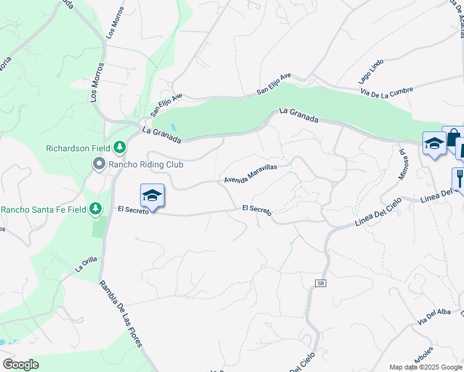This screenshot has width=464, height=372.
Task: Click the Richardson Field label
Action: click(x=78, y=148)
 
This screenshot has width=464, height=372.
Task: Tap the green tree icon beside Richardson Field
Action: click(x=119, y=148)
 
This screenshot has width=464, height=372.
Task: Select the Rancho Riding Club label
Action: click(x=140, y=165)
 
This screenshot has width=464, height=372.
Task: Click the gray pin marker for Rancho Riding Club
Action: click(x=99, y=164)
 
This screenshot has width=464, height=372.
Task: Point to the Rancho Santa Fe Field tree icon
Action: click(x=96, y=208)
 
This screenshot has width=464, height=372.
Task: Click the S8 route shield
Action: click(x=320, y=283)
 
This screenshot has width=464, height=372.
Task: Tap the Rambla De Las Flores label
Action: click(x=121, y=315)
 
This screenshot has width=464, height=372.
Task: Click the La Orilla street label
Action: click(x=87, y=265)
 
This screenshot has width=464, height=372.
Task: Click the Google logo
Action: click(x=20, y=365)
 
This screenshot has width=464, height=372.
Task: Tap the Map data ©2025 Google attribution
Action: click(x=426, y=367)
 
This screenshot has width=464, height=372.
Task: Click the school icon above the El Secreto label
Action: click(x=152, y=195)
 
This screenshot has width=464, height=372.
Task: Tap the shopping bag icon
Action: click(x=453, y=137)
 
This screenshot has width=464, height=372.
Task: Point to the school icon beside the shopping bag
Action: click(x=434, y=144)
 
